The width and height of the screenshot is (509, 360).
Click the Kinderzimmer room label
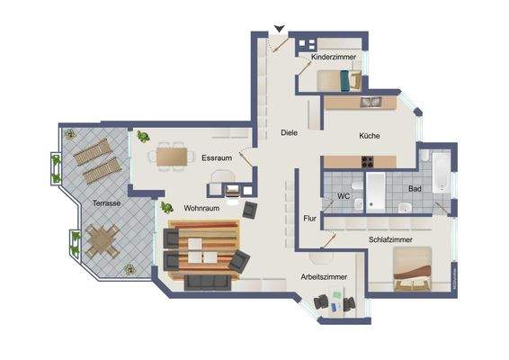pyautogui.click(x=334, y=58)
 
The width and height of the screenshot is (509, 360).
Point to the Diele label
pyautogui.click(x=289, y=132)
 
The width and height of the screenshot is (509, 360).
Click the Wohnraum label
pyautogui.click(x=202, y=208)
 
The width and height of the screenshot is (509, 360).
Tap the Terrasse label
pyautogui.click(x=106, y=203)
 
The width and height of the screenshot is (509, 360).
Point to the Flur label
pyautogui.click(x=310, y=218)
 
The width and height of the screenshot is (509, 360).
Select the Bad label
pyautogui.click(x=415, y=189)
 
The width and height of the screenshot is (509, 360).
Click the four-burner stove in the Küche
pyautogui.click(x=368, y=163)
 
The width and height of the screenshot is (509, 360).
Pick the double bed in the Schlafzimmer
pyautogui.click(x=418, y=266)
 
